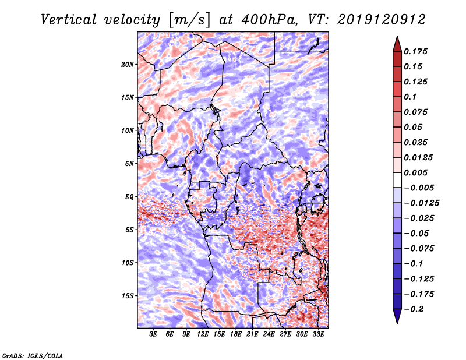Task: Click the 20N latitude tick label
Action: (128, 64)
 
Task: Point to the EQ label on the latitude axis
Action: (129, 196)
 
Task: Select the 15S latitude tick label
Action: (128, 295)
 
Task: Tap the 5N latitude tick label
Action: (129, 163)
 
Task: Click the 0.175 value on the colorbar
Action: (417, 51)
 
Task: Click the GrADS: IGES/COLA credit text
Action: (32, 355)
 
